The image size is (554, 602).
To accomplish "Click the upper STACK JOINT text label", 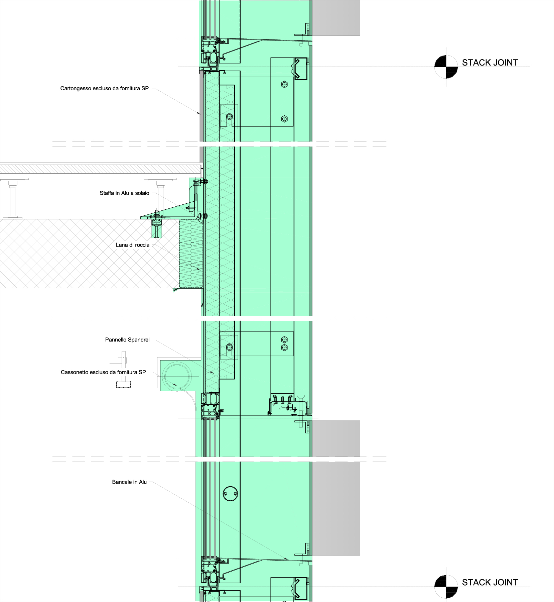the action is point(490,63).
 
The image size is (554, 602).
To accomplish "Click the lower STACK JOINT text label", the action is point(490,582).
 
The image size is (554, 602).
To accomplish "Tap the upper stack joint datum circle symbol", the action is point(446,67).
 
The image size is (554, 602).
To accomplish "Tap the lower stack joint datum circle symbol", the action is point(446,587).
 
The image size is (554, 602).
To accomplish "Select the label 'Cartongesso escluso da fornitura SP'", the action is point(104,88).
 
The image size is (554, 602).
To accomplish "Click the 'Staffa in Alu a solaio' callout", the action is point(124,193).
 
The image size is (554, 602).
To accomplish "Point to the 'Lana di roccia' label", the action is point(132,245).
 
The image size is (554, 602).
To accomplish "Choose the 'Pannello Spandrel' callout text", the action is point(127,340).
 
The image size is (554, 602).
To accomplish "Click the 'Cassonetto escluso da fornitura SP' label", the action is point(103,372).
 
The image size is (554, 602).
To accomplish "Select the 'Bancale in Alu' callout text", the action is point(129,482).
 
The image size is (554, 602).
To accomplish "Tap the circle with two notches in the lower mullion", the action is point(230,494).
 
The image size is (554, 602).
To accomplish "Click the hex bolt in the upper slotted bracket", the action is point(229,117).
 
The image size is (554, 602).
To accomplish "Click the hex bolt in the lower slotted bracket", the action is point(229,347).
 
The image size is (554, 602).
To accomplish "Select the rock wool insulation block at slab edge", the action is point(191,254).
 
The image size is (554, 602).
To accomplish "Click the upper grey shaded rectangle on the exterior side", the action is point(336,18).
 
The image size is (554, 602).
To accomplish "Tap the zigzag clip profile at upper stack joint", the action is point(300,69).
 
